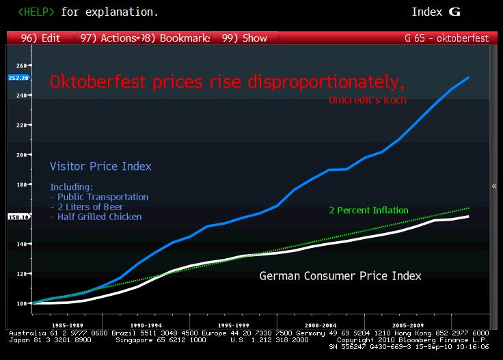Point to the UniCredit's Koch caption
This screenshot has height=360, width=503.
(367, 100)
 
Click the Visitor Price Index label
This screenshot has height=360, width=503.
(100, 166)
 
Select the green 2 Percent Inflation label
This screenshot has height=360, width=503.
(368, 210)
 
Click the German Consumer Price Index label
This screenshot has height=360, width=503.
(340, 276)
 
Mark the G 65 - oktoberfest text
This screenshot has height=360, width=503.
(447, 38)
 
